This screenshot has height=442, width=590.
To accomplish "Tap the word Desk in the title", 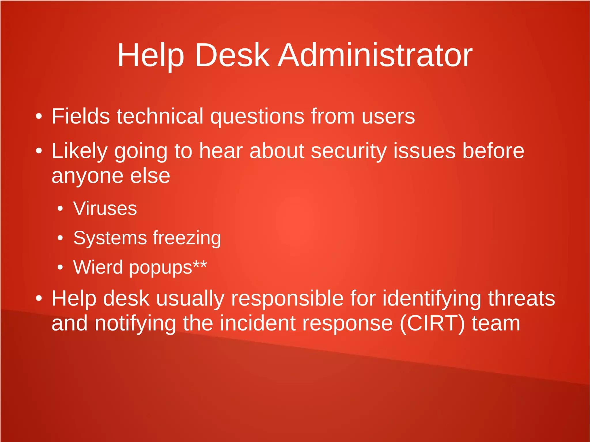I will click(x=232, y=55).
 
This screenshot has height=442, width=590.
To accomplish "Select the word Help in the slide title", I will click(x=150, y=55).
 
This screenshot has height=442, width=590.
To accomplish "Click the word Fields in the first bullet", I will click(x=80, y=116).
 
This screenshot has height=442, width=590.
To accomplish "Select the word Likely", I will click(x=80, y=151).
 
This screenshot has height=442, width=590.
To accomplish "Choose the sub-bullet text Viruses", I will click(x=105, y=208).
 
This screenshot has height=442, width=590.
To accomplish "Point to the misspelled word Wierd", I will click(x=98, y=267).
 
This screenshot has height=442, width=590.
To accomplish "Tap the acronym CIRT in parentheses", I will click(x=432, y=323).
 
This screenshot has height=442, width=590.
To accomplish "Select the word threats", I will click(x=521, y=299).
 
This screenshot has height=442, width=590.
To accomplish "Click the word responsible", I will click(x=287, y=299).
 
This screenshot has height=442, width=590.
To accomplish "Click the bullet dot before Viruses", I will click(x=60, y=209).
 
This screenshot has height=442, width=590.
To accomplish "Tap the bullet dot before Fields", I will click(x=39, y=117).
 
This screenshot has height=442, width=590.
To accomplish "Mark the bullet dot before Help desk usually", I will click(x=39, y=299).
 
